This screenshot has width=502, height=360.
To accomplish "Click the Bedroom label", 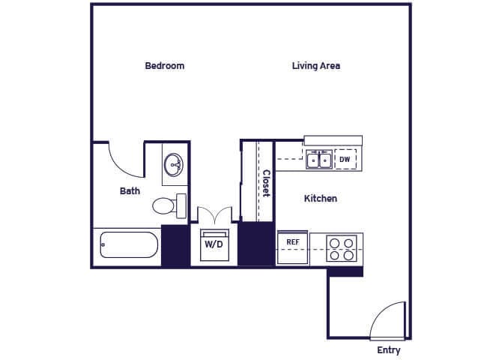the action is pos(165,66).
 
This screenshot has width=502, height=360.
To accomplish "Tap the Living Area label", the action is pos(316,66).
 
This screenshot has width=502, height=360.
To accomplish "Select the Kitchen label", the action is pos(321,199).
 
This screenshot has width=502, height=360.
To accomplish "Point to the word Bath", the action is pos(130,191).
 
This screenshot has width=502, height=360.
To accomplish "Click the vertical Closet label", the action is pos(267,183).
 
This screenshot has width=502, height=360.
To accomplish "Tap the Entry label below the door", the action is pos(389,350).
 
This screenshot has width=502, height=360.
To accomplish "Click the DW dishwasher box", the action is pos(345,159).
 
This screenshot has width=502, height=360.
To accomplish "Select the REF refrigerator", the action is pos(293,247).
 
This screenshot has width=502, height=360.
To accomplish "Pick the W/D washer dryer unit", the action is pos(214,245).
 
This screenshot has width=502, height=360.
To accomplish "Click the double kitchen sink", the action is pos(319,159).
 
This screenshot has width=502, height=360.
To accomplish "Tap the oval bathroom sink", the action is pos(174,164).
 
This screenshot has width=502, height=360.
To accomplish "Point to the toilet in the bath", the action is pos(169,205).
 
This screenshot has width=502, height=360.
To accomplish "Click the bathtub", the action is pos(129,245).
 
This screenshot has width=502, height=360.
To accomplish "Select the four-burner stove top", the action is pos(342,248).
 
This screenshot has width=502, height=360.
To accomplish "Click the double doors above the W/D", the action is pos(214,214).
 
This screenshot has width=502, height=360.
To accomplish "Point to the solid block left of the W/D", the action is pos(175,245).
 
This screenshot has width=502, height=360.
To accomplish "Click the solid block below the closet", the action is pos(256,244).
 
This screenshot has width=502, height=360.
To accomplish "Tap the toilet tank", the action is pos(181,206).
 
